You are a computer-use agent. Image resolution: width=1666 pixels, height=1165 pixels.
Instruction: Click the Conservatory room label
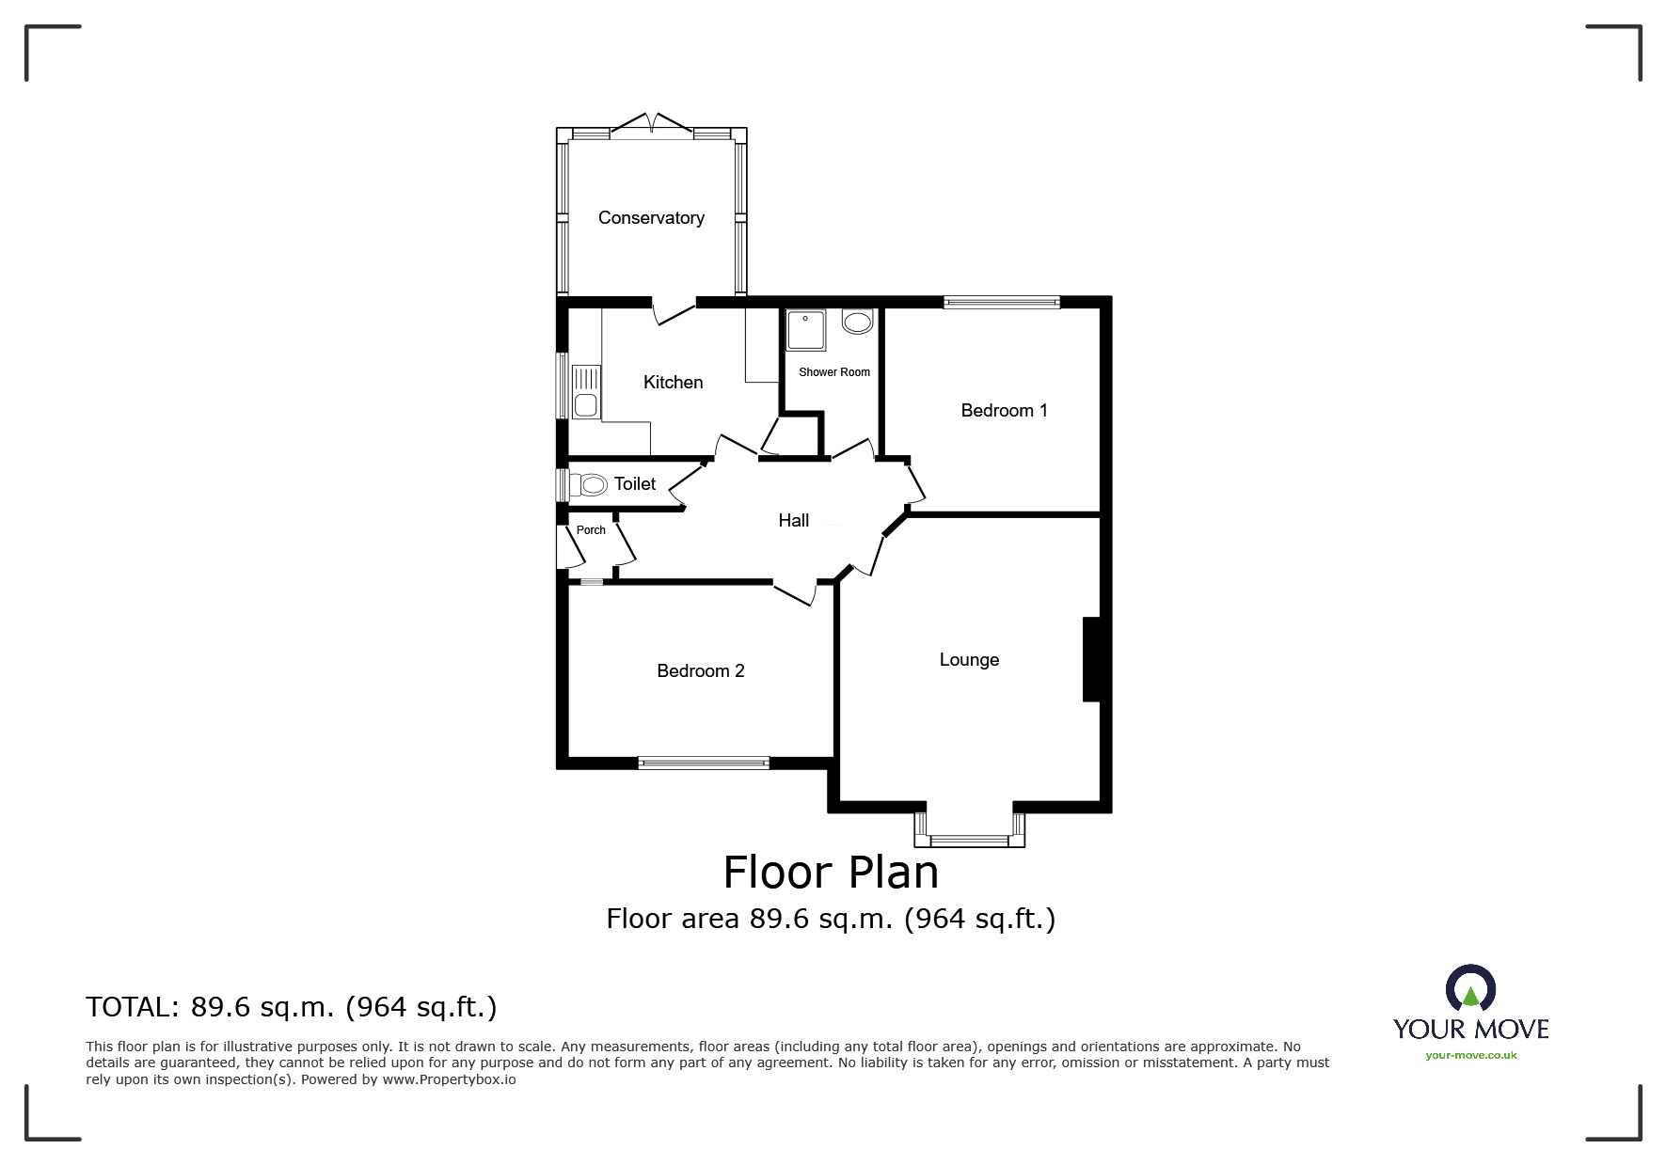pyautogui.click(x=651, y=218)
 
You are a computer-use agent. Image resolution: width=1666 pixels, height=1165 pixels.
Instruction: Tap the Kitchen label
pyautogui.click(x=673, y=382)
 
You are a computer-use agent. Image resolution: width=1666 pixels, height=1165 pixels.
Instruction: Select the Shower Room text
pyautogui.click(x=834, y=372)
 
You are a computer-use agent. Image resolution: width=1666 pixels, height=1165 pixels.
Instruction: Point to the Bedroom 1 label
pyautogui.click(x=1004, y=410)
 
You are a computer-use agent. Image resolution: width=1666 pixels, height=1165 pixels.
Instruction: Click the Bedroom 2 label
pyautogui.click(x=700, y=670)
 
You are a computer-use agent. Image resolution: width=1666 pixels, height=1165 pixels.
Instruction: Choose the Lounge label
pyautogui.click(x=969, y=660)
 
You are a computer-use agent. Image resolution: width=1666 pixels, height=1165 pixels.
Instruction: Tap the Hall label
pyautogui.click(x=793, y=520)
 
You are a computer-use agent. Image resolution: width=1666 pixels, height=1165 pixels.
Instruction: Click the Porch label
pyautogui.click(x=591, y=530)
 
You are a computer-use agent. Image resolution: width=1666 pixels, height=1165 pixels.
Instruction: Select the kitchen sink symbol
pyautogui.click(x=585, y=391)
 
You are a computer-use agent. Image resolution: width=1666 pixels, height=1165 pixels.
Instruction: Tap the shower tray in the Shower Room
pyautogui.click(x=805, y=330)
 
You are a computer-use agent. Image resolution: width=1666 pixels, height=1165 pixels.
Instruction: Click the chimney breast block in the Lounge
pyautogui.click(x=1092, y=659)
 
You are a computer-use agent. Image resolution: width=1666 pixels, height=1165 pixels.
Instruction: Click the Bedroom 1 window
pyautogui.click(x=1002, y=302)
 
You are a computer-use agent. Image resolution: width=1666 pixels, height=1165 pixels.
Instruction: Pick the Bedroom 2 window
pyautogui.click(x=704, y=763)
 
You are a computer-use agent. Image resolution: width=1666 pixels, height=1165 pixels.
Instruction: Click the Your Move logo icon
pyautogui.click(x=1470, y=988)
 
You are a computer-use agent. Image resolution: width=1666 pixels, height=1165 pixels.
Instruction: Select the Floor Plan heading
pyautogui.click(x=832, y=873)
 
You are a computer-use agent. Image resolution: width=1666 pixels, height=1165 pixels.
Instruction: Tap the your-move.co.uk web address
pyautogui.click(x=1471, y=1055)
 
